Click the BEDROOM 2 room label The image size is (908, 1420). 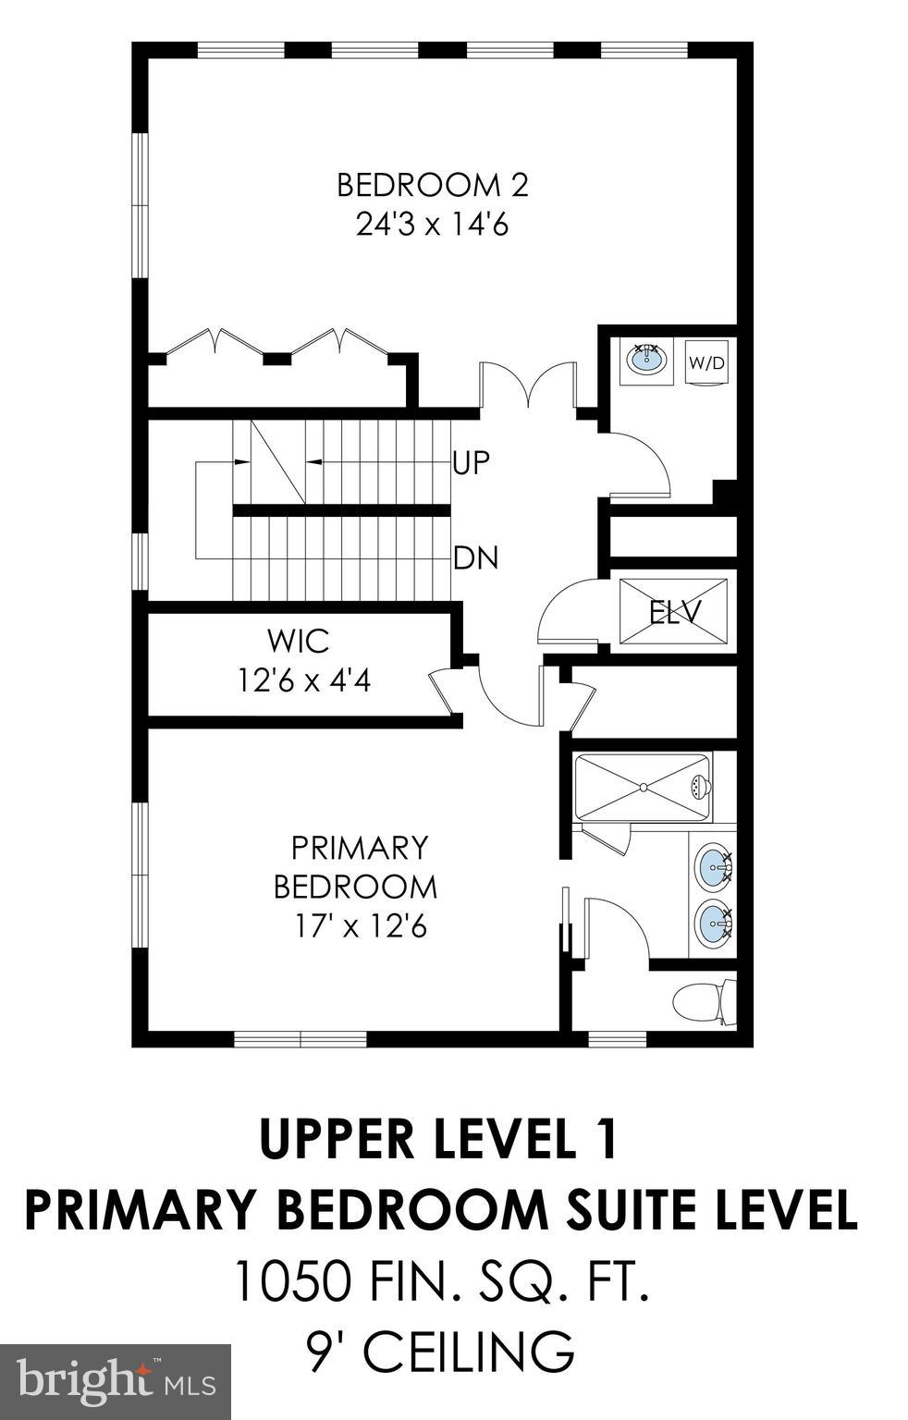click(x=432, y=185)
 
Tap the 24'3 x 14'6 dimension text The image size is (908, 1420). click(x=432, y=225)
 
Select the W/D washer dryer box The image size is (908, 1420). click(x=706, y=362)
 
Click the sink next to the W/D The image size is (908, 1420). click(x=647, y=359)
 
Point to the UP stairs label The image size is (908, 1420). click(x=471, y=462)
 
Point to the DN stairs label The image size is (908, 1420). click(x=476, y=557)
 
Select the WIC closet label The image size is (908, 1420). click(x=298, y=640)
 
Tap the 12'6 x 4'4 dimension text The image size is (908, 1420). click(x=304, y=680)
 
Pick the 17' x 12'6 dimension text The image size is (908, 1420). click(x=360, y=925)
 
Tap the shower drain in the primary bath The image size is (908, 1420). click(x=642, y=788)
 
